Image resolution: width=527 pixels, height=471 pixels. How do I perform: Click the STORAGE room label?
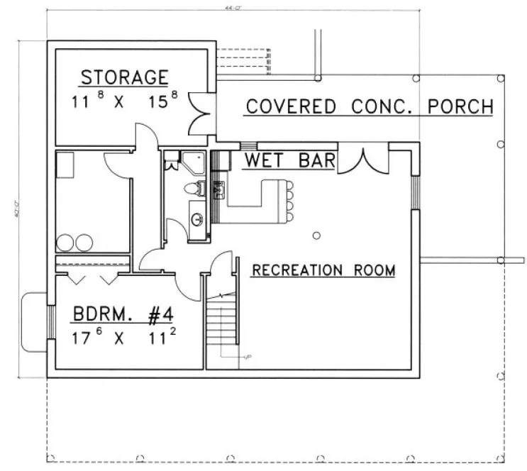pyautogui.click(x=123, y=77)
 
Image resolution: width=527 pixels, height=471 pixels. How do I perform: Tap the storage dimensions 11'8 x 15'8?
pyautogui.click(x=123, y=101)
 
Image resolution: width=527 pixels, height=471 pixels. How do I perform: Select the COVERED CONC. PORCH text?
pyautogui.click(x=369, y=107)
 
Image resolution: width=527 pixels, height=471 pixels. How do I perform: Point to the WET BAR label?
pyautogui.click(x=289, y=160)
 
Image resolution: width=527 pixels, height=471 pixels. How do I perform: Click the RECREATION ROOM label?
pyautogui.click(x=323, y=270)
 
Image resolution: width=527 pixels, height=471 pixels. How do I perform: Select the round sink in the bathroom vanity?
pyautogui.click(x=197, y=218)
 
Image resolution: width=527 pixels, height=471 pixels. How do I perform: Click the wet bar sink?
pyautogui.click(x=217, y=189)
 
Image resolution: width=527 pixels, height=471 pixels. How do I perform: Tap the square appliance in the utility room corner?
pyautogui.click(x=66, y=165)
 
